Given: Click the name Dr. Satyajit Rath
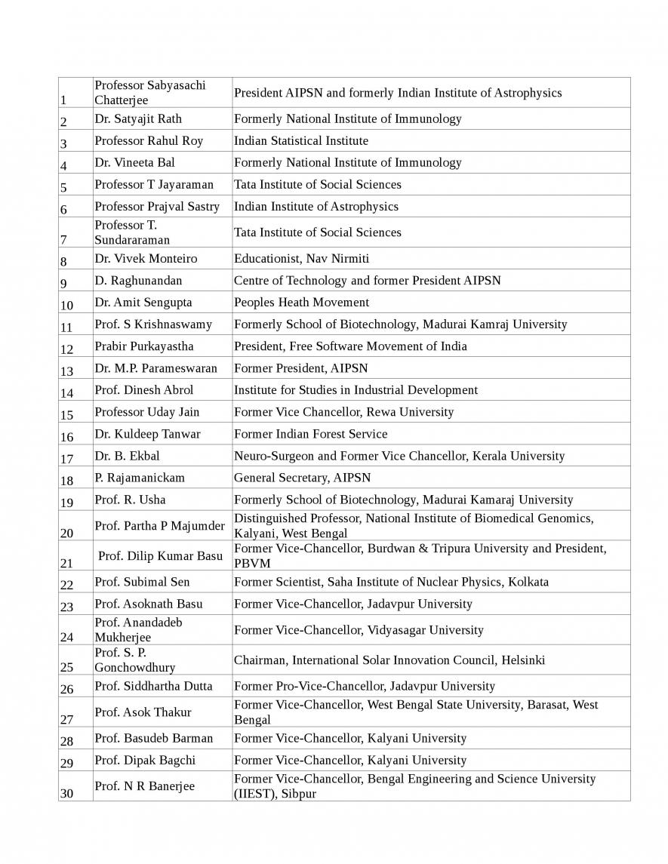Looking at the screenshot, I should coord(138,118).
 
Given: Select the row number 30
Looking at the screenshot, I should coord(66,793).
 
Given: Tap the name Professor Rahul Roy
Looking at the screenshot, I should coord(149,140).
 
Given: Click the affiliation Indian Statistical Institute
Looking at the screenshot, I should coord(301,140).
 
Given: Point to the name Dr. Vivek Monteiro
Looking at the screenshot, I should coord(146,258).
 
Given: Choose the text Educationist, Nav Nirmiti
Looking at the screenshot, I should coord(301,258).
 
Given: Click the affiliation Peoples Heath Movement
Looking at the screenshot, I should coord(301,302).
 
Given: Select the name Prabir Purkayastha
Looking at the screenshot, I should coord(144,346).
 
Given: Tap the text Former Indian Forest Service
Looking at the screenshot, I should coord(310,434).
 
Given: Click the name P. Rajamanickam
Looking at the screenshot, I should coord(140,478).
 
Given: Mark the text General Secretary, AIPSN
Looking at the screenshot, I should coord(302,478).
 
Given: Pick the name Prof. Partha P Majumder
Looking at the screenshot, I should coord(159,525).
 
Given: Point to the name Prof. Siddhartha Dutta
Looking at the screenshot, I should coord(153,686).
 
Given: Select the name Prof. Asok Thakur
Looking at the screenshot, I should coord(143,712).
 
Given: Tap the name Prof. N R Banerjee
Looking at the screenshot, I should coord(144,786).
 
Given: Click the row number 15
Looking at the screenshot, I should coord(66,415).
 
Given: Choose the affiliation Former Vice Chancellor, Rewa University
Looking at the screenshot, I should coord(343,412).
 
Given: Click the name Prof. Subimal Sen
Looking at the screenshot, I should coord(142,582).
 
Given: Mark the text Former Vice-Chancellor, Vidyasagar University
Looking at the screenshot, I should coord(359,629).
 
